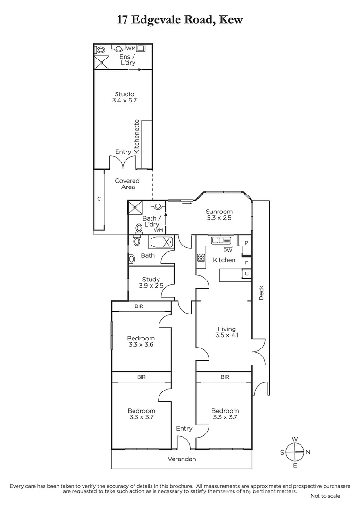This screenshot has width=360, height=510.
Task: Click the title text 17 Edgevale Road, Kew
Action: tap(179, 20)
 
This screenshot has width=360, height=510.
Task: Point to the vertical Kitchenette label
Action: tap(137, 137)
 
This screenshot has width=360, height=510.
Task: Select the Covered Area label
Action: tap(127, 184)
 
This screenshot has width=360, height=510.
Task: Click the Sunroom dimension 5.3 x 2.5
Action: tap(219, 219)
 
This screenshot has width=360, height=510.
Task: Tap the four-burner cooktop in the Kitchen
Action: tap(201, 258)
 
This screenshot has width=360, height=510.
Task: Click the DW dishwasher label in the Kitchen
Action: tap(228, 250)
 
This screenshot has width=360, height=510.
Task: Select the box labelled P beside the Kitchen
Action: tap(246, 243)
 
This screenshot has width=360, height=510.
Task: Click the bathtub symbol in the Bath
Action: tap(161, 243)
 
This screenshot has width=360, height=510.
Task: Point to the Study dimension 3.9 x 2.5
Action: tap(151, 286)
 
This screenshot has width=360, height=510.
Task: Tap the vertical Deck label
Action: tap(261, 293)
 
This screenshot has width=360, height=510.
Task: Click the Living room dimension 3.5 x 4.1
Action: tap(226, 336)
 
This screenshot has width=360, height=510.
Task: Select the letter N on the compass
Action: tap(307, 452)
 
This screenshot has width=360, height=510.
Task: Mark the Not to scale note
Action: tap(325, 496)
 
